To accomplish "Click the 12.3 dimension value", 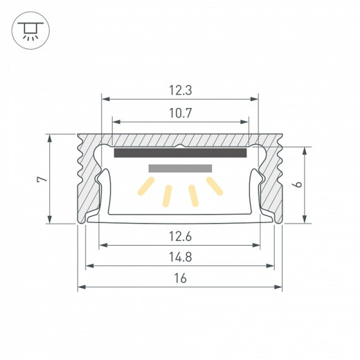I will tap(180, 89).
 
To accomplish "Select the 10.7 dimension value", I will tap(180, 111).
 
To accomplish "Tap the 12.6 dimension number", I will tap(180, 237).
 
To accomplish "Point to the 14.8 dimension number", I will tap(180, 258).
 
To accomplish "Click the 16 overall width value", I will tap(180, 278).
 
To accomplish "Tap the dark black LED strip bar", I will tap(180, 153).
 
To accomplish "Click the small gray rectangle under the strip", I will tap(180, 168).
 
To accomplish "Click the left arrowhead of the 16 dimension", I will tap(80, 287).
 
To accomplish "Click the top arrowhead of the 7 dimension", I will tap(51, 137).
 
